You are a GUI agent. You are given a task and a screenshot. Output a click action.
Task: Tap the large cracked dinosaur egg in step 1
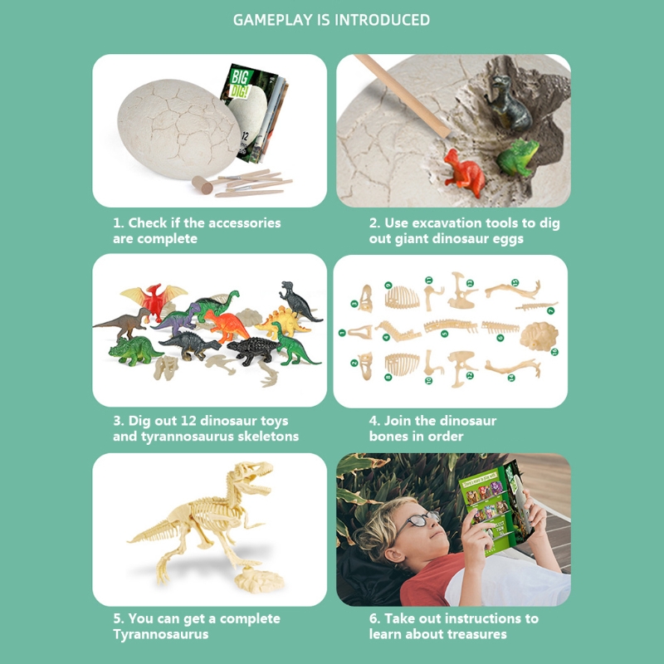[178, 129]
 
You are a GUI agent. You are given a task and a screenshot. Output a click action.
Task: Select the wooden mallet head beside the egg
[202, 184]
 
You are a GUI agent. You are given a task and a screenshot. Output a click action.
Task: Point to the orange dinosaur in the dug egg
[464, 173]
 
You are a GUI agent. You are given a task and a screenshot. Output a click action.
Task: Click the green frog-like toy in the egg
[517, 157]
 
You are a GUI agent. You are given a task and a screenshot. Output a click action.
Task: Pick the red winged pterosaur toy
[154, 300]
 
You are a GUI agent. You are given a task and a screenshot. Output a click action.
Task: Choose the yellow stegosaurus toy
[282, 322]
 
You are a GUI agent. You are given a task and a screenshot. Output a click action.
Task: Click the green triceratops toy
[134, 350]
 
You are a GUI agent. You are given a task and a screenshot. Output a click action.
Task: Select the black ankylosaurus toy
[254, 350]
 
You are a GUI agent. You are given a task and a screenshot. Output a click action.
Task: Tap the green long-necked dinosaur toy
[216, 304]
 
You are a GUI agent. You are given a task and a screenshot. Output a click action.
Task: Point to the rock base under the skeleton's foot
[258, 579]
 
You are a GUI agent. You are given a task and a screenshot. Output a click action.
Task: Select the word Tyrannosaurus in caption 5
[160, 634]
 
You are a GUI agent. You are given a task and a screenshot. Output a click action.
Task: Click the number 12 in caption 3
[188, 421]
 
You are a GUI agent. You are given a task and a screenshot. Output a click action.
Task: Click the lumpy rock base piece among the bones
[539, 336]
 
